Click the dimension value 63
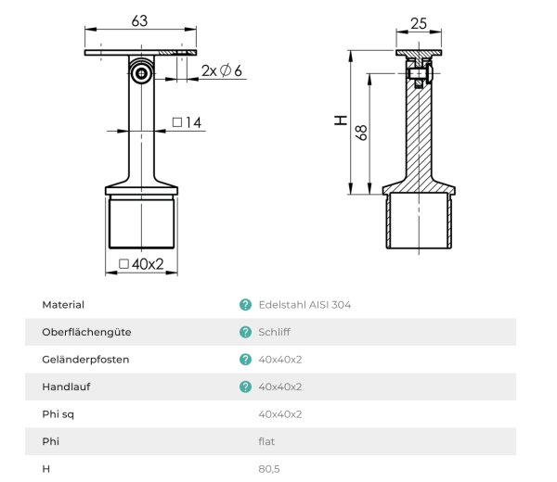[141, 19]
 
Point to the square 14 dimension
[187, 122]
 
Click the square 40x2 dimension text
[141, 264]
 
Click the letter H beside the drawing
[340, 120]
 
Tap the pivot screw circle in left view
[140, 72]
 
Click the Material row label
[63, 304]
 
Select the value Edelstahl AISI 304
[304, 304]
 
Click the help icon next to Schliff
[245, 332]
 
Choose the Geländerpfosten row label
[85, 359]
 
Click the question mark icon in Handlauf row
[245, 387]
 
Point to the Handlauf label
[67, 387]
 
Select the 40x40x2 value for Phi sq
[279, 414]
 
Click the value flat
[266, 441]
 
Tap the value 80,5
[268, 469]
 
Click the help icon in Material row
[245, 304]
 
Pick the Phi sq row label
[59, 414]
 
